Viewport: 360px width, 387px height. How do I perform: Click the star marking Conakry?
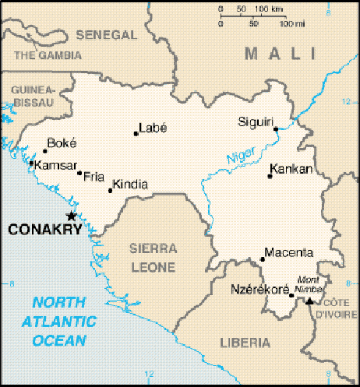(71, 216)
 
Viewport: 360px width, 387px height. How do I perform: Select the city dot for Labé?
(136, 133)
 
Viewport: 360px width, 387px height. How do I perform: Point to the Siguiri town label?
(256, 121)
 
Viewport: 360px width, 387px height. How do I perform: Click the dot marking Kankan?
(270, 176)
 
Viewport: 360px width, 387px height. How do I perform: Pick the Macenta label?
(289, 252)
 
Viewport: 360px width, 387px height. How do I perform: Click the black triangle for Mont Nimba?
(309, 301)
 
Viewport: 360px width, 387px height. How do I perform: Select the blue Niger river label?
(240, 156)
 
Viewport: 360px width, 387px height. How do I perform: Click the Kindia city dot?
(110, 190)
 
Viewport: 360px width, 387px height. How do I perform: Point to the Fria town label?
(94, 176)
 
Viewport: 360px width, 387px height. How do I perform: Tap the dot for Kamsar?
(30, 163)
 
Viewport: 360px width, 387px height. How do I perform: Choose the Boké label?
(62, 143)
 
